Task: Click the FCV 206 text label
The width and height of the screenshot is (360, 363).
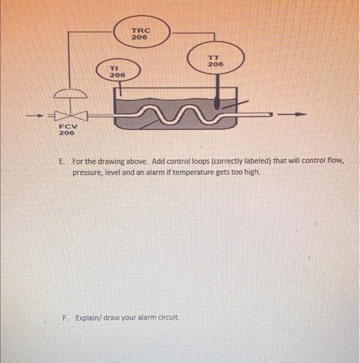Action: pyautogui.click(x=67, y=129)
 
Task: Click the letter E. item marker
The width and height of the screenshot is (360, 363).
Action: pyautogui.click(x=62, y=161)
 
